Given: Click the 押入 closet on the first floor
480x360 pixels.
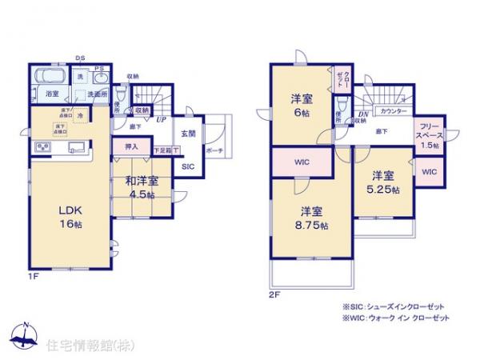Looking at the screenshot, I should coord(133,147).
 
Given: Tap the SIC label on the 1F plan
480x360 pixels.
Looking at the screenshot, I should coord(187,166).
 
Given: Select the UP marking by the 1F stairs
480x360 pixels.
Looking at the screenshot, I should coord(162,119).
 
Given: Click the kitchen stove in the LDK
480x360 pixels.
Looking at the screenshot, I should coord(43,148).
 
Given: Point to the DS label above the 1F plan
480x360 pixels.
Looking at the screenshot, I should coord(81,58).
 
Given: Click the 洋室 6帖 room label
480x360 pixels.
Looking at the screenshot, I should coord(301,106).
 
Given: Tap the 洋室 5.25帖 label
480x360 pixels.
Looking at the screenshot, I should coord(381,182).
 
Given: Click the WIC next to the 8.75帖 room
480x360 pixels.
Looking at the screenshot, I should coord(302,162).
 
